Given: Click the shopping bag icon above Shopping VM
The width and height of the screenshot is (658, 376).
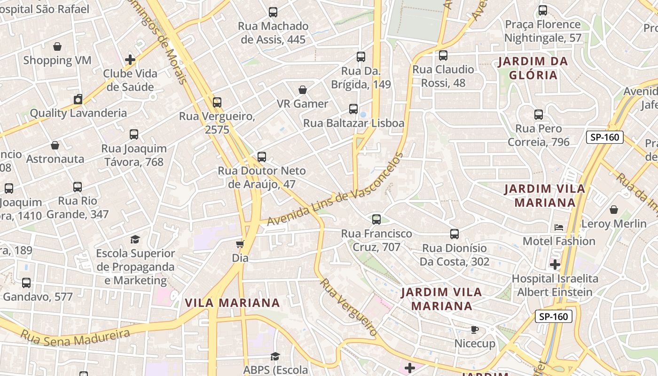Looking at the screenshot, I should point(57,47).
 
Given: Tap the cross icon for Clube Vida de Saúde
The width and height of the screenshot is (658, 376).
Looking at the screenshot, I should point(130,60).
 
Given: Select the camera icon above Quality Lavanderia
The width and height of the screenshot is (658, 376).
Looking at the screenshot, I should point(78,99).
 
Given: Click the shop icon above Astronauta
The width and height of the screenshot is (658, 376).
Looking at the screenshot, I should point(55,145).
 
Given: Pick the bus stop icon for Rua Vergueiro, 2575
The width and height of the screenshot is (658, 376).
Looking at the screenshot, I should point(217,102).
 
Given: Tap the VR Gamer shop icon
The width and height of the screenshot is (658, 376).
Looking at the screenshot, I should point(303,90).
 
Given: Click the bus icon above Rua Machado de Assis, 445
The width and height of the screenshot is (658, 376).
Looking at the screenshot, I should point(273,12).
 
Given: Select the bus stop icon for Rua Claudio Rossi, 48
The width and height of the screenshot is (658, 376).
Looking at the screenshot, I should point(443,56).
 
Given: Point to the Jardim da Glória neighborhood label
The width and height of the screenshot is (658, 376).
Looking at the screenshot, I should point(533,68).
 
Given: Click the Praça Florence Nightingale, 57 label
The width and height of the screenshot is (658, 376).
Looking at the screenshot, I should point(543,31).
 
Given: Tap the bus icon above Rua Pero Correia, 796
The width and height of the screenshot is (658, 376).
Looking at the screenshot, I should point(539,115).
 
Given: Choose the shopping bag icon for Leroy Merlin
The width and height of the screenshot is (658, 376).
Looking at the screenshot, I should point(614,210).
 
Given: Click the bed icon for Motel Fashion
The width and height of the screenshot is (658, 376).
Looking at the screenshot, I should point(559,227).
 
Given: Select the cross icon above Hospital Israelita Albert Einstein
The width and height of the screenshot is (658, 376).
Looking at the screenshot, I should point(555,265).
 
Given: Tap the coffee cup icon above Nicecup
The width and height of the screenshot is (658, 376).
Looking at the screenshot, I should point(475,329).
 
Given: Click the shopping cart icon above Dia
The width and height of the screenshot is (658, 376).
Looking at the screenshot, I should point(240,244).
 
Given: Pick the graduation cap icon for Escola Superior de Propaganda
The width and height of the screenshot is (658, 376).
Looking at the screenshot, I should point(135,240).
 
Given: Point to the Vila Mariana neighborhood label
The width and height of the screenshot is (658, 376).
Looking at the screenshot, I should point(232,303).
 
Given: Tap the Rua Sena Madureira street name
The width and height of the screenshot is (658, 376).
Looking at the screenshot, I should point(75,337).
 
